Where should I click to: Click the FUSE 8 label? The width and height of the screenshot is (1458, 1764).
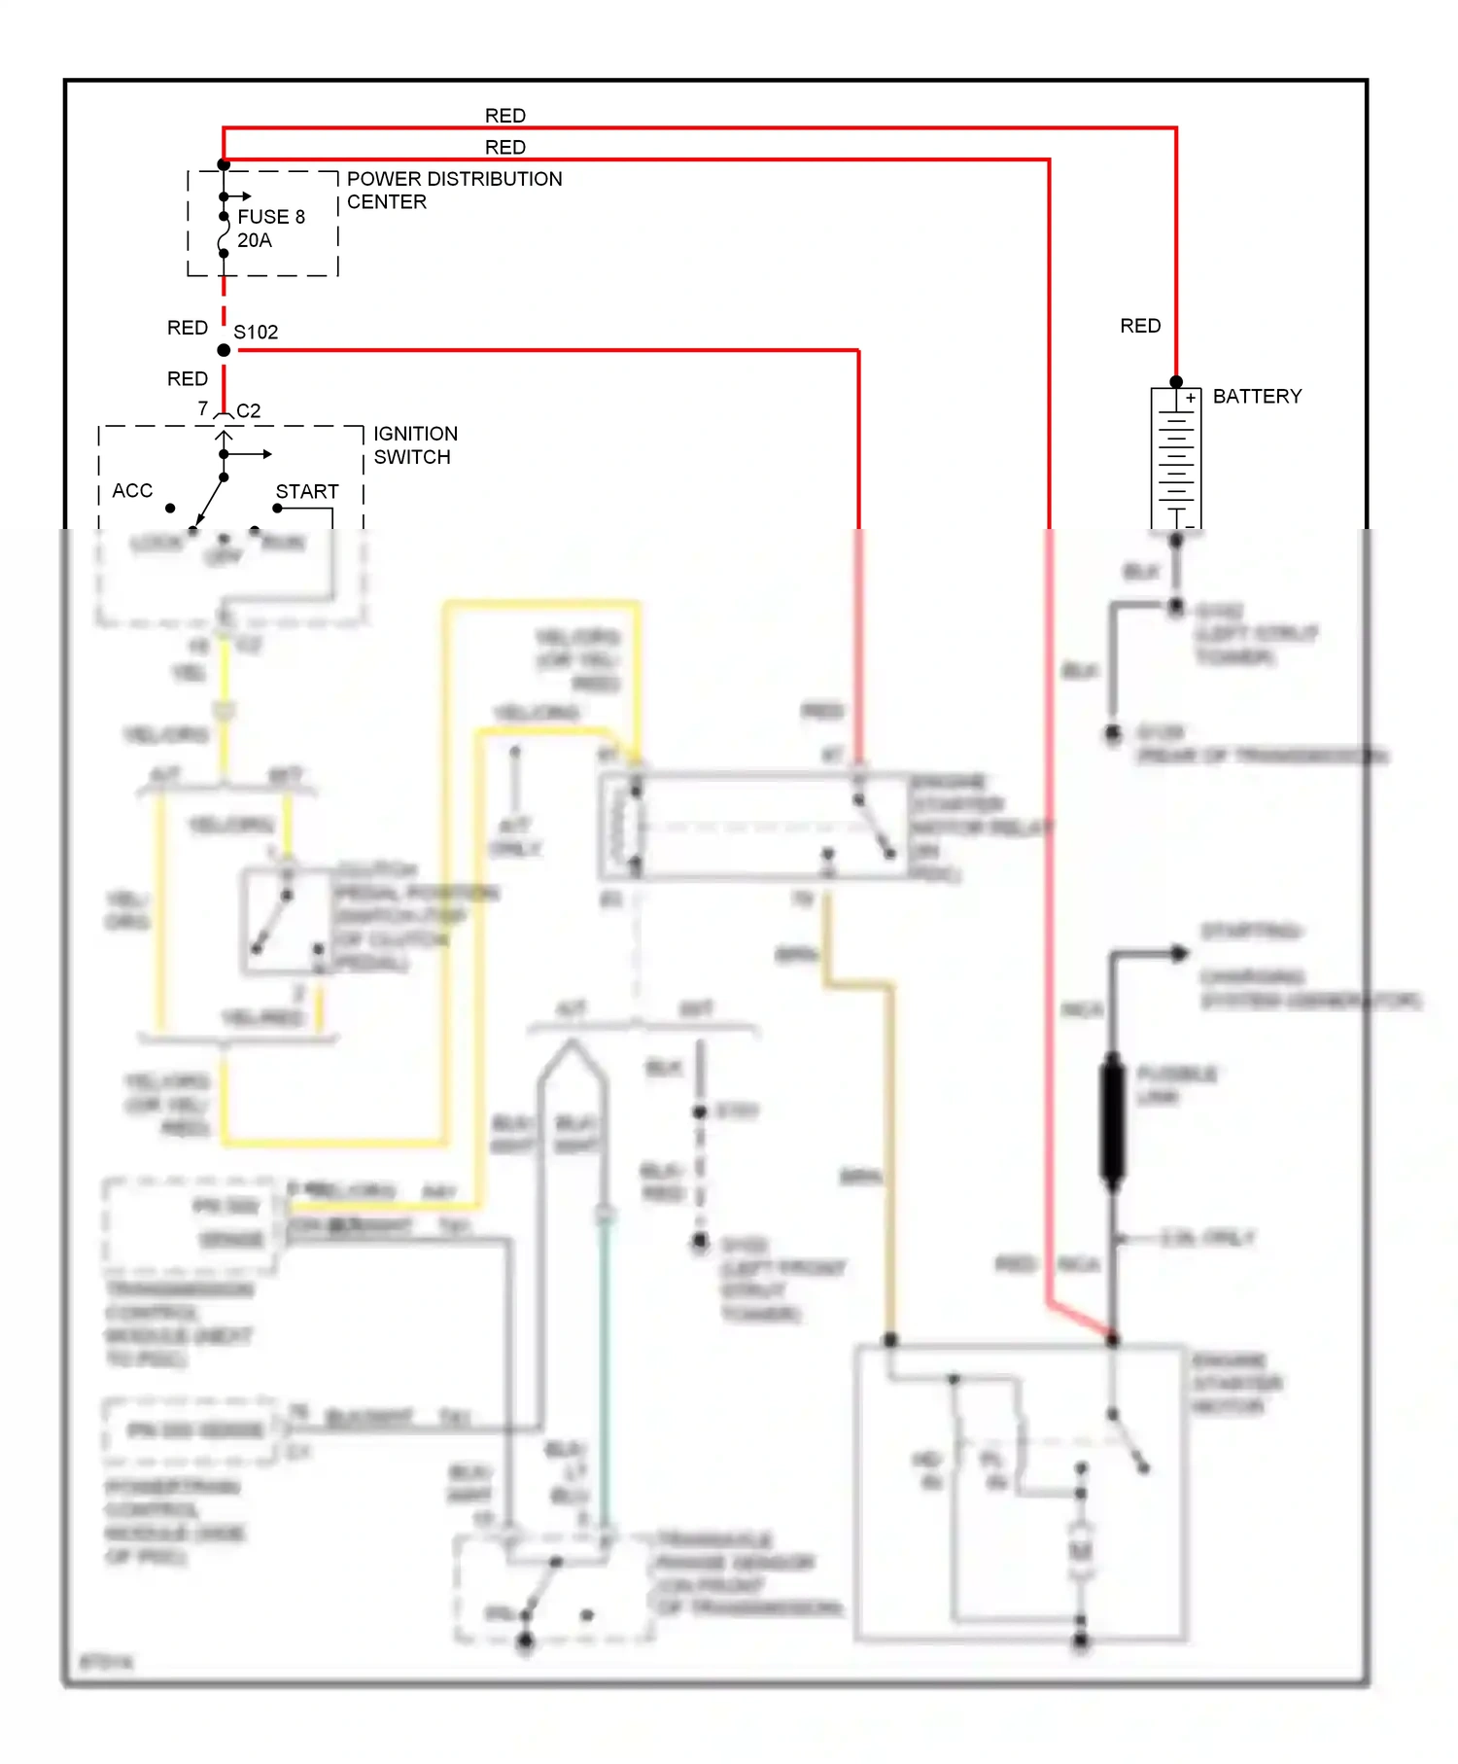coord(271,217)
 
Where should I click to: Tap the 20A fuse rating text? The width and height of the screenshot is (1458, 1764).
coord(255,240)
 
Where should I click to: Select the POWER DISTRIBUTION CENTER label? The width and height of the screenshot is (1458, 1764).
coord(454,191)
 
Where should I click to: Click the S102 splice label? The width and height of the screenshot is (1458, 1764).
coord(256,333)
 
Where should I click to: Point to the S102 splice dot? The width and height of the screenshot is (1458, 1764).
coord(224,350)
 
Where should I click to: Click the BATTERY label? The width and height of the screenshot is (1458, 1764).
coord(1257,397)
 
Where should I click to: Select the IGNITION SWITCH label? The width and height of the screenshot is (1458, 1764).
coord(415,445)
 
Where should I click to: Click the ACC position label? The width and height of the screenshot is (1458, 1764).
coord(132,491)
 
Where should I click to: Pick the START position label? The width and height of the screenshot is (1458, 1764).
coord(307,492)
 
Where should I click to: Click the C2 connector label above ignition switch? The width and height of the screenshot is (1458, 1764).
coord(249,411)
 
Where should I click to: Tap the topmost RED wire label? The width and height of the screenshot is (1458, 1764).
coord(505,116)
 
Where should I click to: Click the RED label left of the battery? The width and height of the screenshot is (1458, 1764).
coord(1140,326)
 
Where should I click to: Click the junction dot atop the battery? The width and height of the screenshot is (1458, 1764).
coord(1176,382)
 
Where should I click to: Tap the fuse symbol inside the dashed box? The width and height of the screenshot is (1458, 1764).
coord(224,234)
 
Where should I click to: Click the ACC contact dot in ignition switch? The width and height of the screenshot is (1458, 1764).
coord(170,509)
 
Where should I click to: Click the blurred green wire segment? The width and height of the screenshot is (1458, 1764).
coord(605,1361)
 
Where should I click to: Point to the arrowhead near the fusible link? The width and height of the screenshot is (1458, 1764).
coord(1178,953)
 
